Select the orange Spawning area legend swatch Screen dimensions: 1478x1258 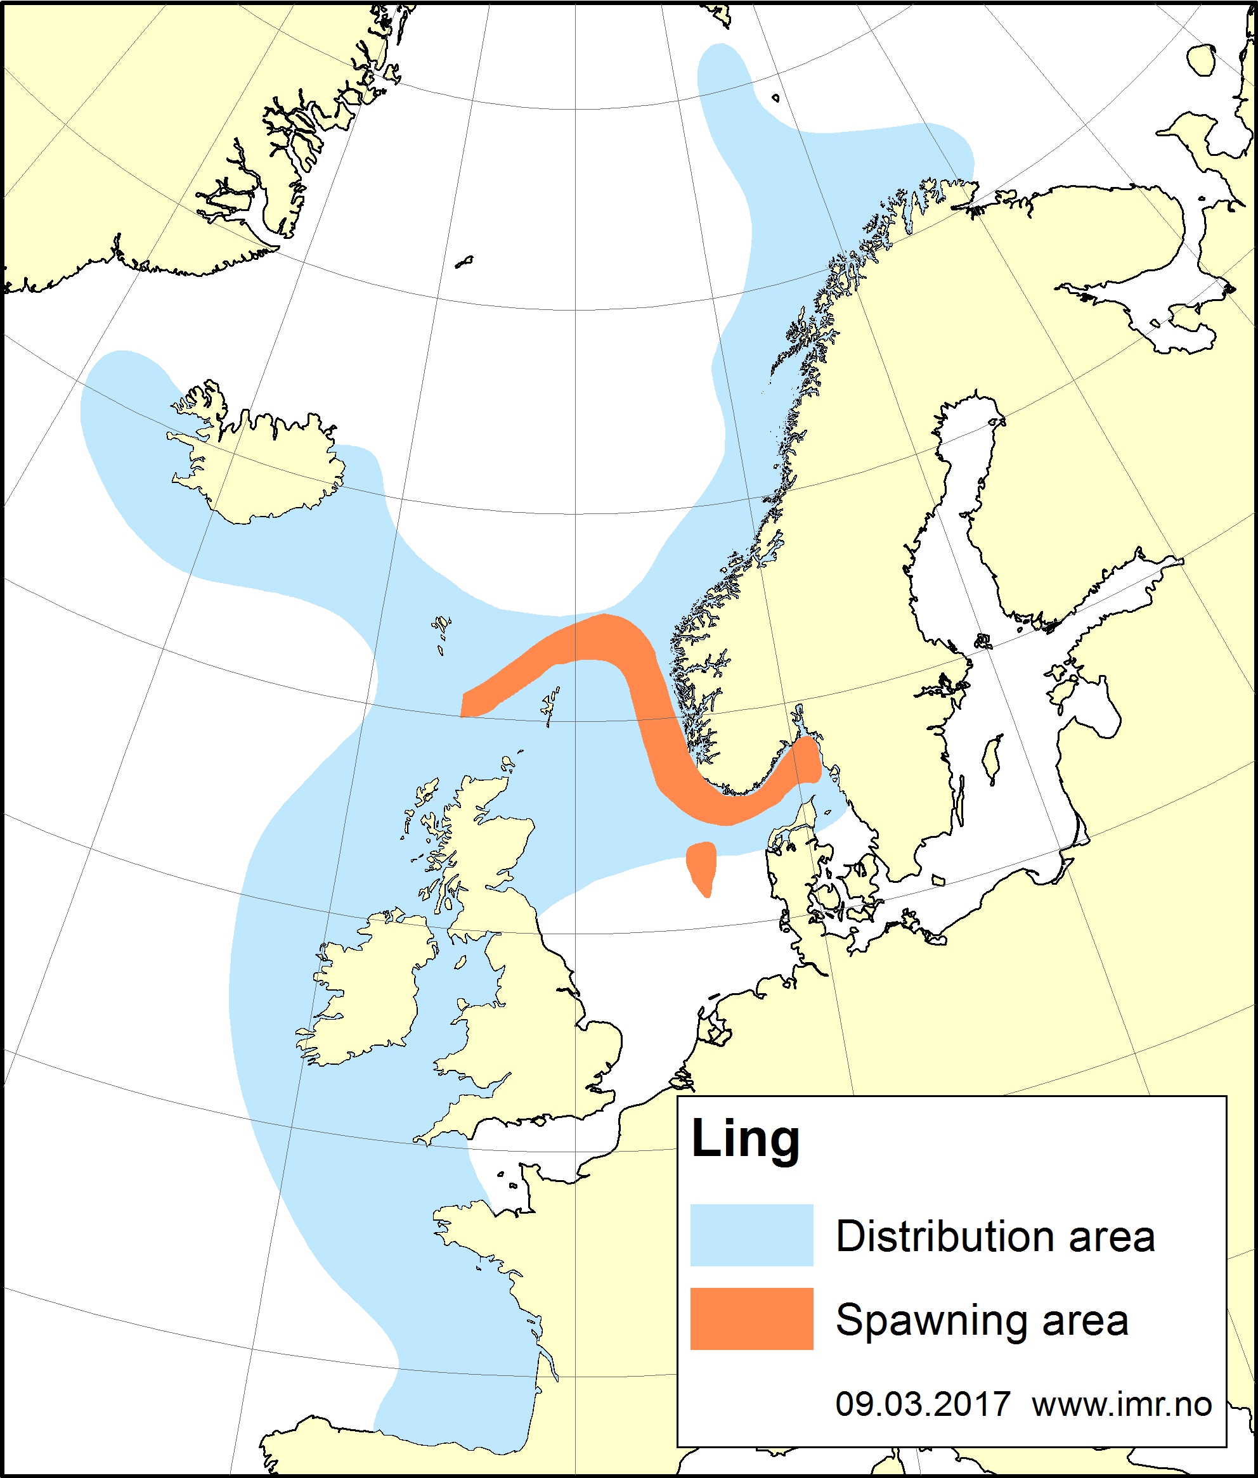tap(751, 1318)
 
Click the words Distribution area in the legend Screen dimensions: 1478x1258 tap(995, 1237)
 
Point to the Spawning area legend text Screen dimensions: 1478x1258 tap(982, 1320)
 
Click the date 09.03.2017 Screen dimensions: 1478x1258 tap(922, 1404)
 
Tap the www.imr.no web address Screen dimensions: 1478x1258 tap(1121, 1404)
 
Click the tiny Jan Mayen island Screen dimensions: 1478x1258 tap(464, 262)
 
